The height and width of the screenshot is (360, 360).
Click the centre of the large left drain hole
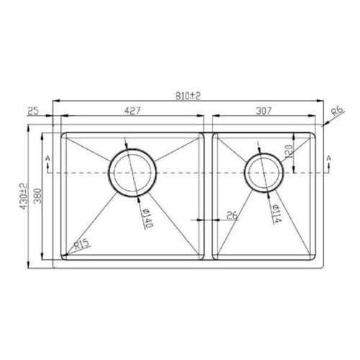(131, 174)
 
